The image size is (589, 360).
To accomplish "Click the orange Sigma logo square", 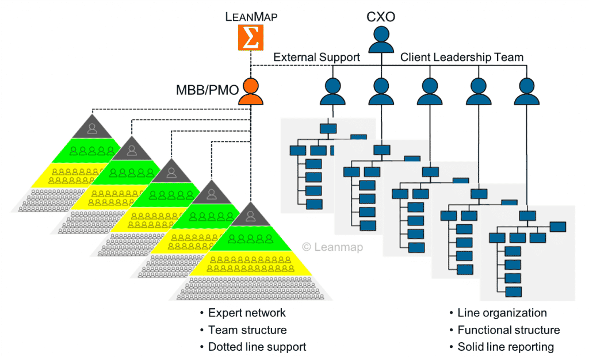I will [x=250, y=37].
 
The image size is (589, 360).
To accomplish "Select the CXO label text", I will [x=381, y=16].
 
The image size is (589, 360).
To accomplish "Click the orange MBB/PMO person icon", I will [x=251, y=91].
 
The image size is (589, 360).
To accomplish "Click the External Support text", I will [x=316, y=57].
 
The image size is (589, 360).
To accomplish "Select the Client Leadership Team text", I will [x=462, y=57].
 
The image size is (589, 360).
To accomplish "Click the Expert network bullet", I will [x=247, y=313].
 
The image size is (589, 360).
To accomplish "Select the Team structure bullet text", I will [x=247, y=330].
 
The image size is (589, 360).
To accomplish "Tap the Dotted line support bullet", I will [x=257, y=347].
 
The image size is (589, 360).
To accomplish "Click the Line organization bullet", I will [x=502, y=313].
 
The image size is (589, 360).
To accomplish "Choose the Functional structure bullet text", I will [x=508, y=330].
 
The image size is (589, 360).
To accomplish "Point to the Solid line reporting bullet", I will [x=505, y=347].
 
